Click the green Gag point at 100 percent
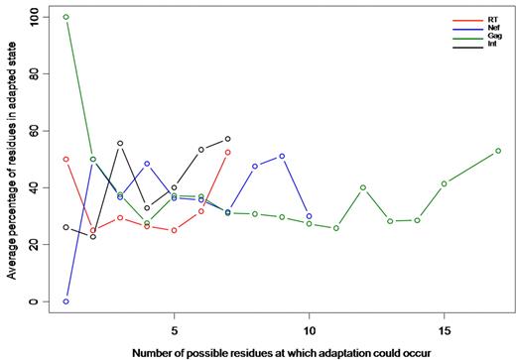(x=66, y=17)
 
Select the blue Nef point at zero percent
(x=66, y=301)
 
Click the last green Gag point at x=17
(x=498, y=151)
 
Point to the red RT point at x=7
(x=228, y=152)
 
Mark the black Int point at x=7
(x=228, y=139)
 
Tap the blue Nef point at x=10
(x=310, y=216)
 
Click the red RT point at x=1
(x=66, y=159)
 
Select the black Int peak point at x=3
(x=120, y=143)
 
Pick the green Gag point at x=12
(x=363, y=187)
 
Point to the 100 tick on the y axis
(x=37, y=17)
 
